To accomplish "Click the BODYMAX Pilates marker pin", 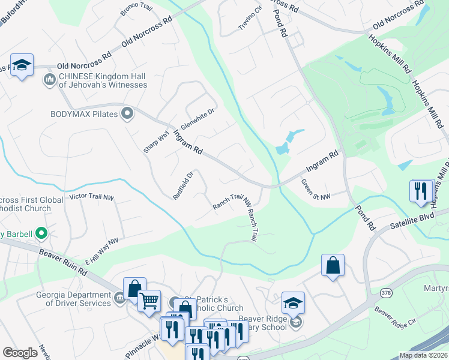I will pos(127,113).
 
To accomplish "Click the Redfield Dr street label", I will pos(183,186).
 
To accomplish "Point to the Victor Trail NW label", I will pos(91,197).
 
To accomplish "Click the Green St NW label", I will pos(315,190).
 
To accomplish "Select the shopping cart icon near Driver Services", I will pos(149,300).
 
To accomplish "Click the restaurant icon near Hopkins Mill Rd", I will pos(421,191).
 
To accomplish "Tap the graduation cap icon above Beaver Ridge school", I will pos(293,302).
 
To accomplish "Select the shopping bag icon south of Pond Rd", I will pos(333,265).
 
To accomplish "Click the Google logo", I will pos(20,353).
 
